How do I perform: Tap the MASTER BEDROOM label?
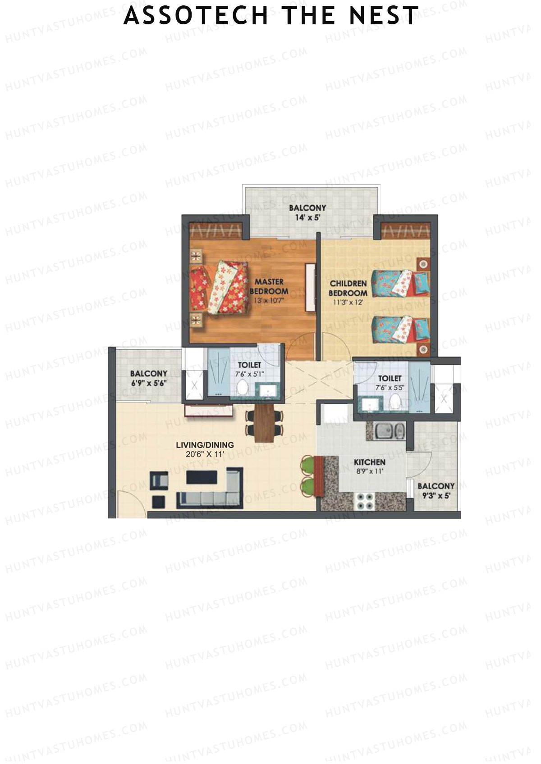pos(269,286)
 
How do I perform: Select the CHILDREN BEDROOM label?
pos(348,288)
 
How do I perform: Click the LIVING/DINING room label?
pos(205,445)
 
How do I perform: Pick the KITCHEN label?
pos(369,462)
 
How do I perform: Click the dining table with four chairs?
pos(265,423)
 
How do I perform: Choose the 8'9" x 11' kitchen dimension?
pos(369,472)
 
